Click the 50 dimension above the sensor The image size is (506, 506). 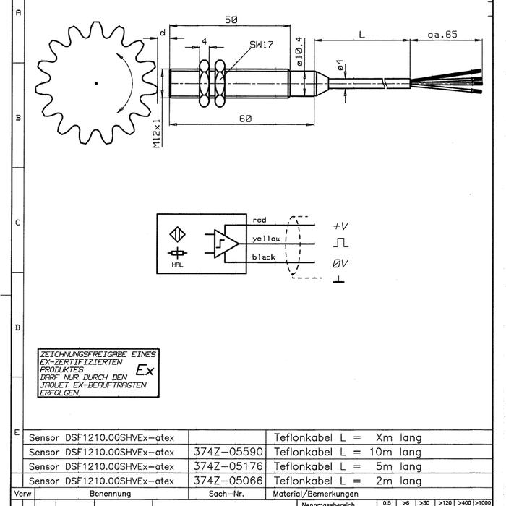(x=231, y=20)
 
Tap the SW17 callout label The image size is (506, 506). (x=261, y=45)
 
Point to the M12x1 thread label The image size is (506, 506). (x=156, y=134)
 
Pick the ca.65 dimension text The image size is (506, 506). (x=443, y=34)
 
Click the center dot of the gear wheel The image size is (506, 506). (x=96, y=83)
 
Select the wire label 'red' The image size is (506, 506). (x=260, y=220)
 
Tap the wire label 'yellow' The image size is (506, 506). (x=266, y=238)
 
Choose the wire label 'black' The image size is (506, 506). (x=264, y=257)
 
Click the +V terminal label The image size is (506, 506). (x=341, y=226)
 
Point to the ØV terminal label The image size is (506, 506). (x=340, y=264)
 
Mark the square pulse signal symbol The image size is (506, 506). (x=340, y=244)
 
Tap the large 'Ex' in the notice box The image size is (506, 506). (x=145, y=371)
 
